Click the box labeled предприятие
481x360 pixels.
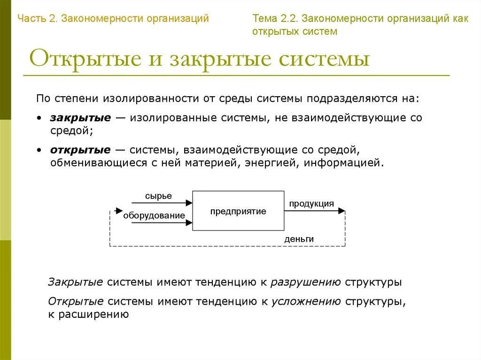click(x=238, y=211)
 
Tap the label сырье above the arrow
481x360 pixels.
click(x=158, y=196)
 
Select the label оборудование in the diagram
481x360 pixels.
click(x=154, y=215)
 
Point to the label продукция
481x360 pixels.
click(x=311, y=204)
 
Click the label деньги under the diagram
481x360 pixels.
click(x=299, y=239)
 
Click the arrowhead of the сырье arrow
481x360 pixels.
click(x=189, y=203)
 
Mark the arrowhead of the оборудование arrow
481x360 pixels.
click(x=189, y=223)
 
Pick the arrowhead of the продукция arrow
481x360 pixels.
click(x=342, y=211)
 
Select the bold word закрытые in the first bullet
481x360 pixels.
click(x=80, y=118)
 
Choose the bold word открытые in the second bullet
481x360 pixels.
click(x=80, y=150)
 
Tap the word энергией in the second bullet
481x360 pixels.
click(x=275, y=163)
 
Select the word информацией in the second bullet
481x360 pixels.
click(x=343, y=163)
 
